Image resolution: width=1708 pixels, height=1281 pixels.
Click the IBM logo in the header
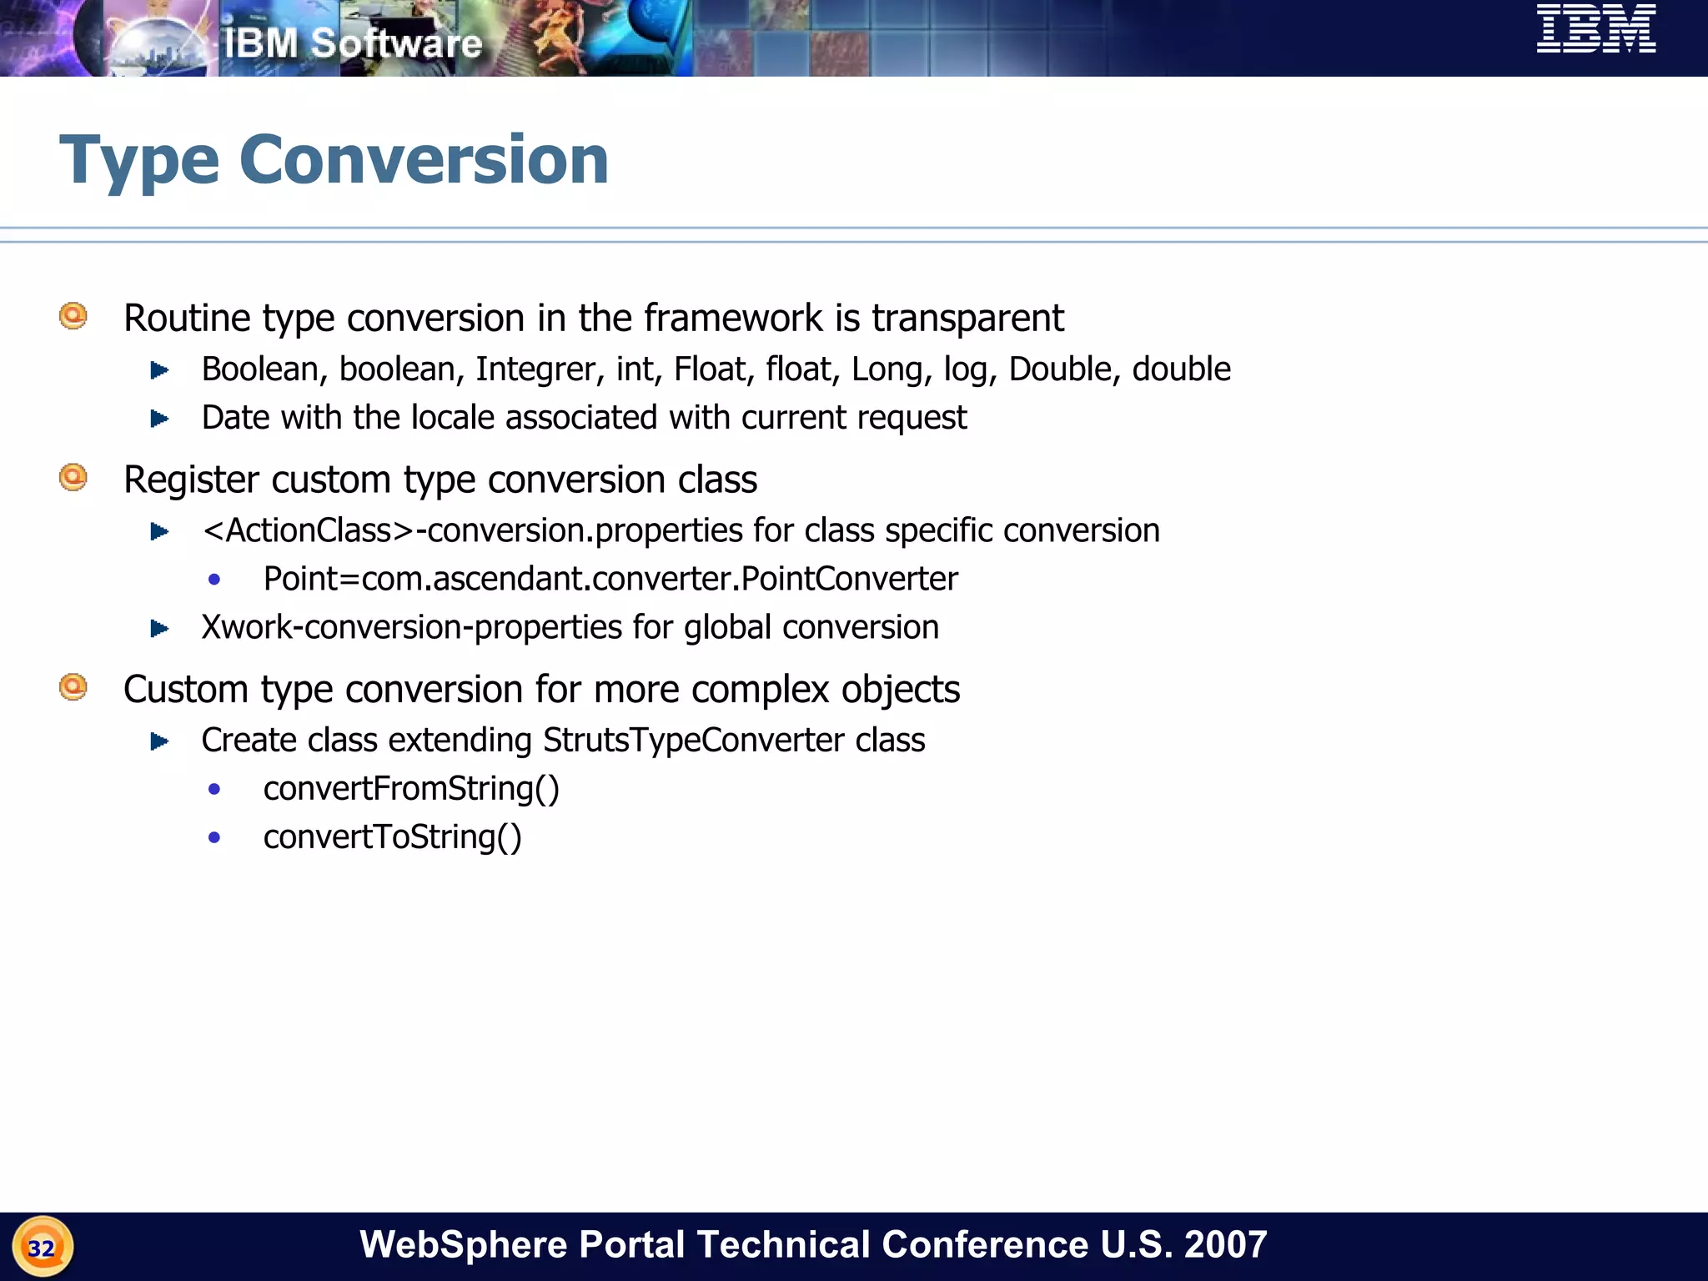point(1595,29)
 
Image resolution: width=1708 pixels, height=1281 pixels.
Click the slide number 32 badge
point(43,1247)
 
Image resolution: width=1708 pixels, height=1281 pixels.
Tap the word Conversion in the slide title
point(424,159)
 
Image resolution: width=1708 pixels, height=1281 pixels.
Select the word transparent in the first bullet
point(967,318)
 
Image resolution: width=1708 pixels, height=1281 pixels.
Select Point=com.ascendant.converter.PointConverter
point(610,579)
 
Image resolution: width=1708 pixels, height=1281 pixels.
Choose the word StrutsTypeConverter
point(693,741)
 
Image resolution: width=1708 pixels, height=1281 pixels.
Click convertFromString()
point(411,789)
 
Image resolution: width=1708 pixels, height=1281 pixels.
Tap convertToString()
point(392,837)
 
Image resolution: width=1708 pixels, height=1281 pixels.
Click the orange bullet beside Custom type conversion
point(73,687)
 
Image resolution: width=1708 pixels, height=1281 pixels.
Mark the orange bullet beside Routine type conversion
point(73,316)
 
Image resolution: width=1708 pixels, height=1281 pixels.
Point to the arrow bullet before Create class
point(159,741)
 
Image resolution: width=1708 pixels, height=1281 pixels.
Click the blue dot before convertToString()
point(214,837)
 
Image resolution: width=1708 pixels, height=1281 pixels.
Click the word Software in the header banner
point(396,43)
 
